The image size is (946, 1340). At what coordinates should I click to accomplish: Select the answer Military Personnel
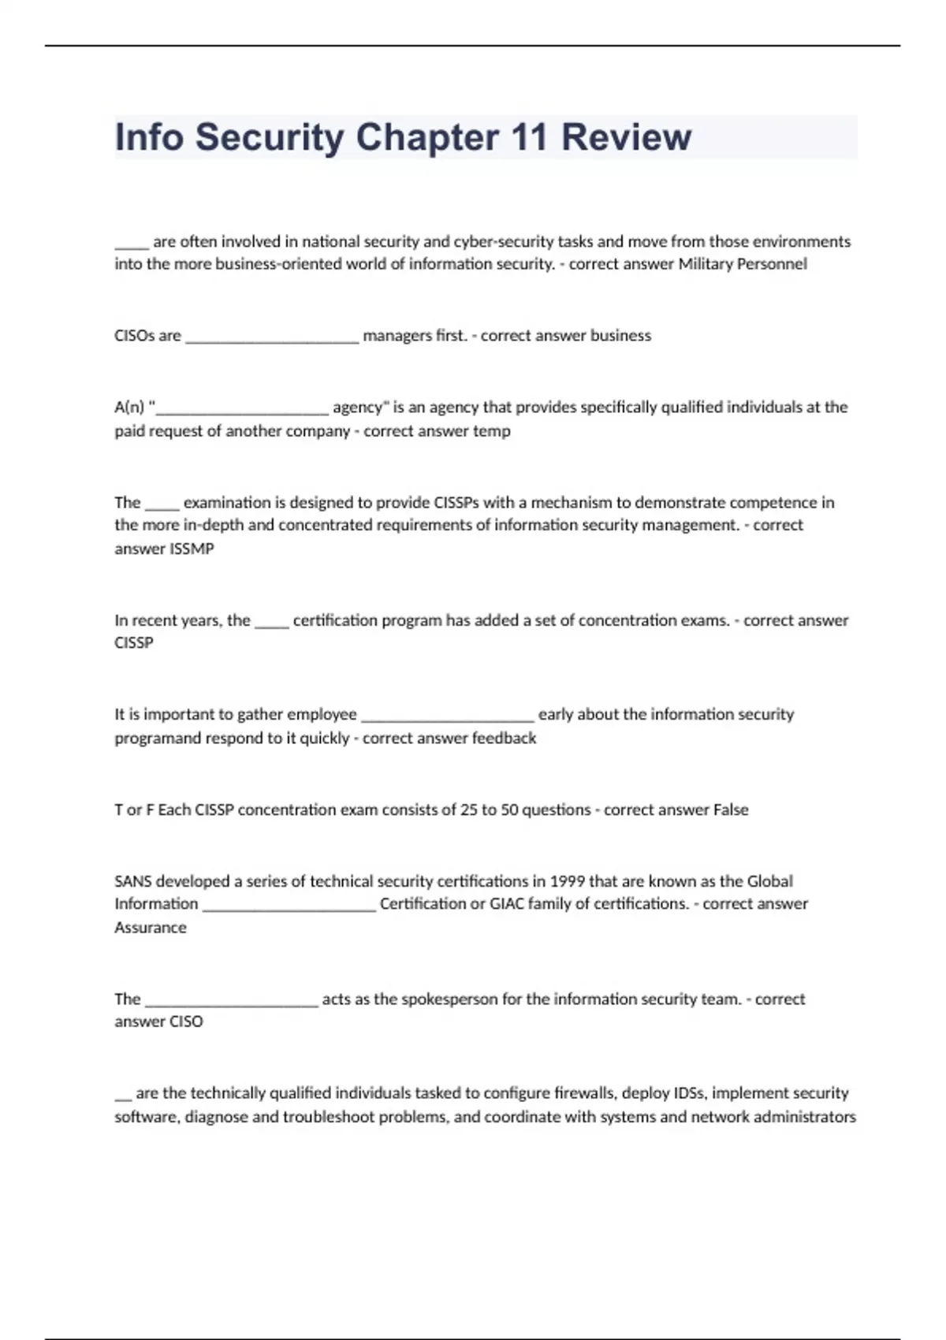click(x=743, y=264)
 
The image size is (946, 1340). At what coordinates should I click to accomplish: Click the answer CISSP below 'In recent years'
click(x=134, y=643)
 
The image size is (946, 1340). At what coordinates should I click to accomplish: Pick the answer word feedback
click(x=504, y=739)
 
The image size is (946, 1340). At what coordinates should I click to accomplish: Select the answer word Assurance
click(x=151, y=928)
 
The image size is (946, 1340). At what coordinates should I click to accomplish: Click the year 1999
click(x=568, y=881)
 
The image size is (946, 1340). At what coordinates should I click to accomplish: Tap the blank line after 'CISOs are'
click(x=271, y=337)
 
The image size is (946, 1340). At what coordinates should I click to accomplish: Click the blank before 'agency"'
click(x=243, y=409)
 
